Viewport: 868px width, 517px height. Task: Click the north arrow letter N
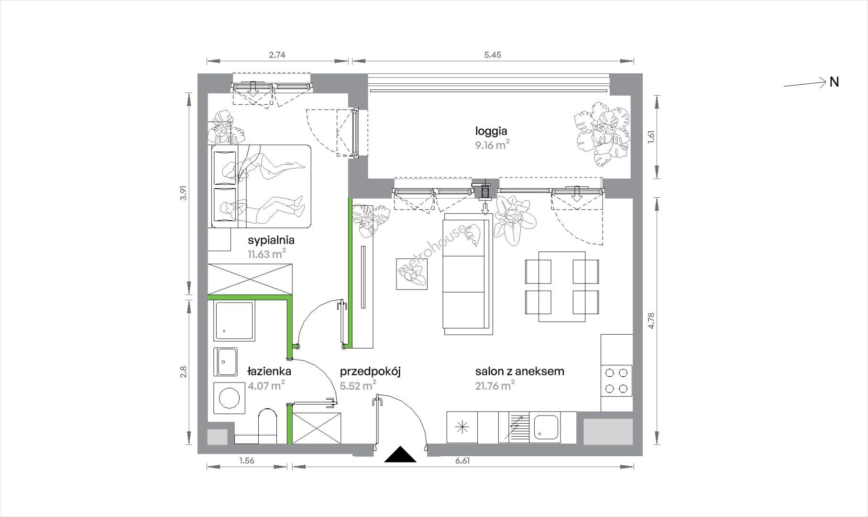click(x=834, y=82)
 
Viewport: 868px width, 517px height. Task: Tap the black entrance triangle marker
click(x=400, y=454)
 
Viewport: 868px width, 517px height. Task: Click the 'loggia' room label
click(x=491, y=131)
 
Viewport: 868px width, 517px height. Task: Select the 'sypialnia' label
click(x=271, y=240)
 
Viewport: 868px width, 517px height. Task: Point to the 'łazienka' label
click(x=269, y=371)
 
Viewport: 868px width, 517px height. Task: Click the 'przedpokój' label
click(x=370, y=371)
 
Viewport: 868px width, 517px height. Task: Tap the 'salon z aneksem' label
click(x=519, y=371)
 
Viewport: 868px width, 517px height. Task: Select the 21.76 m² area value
click(x=494, y=385)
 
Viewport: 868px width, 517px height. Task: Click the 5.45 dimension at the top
click(x=493, y=55)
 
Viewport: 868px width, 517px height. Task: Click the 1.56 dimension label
click(x=247, y=461)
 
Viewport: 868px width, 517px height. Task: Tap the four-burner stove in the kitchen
click(x=616, y=381)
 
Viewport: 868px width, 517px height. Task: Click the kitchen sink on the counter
click(x=545, y=427)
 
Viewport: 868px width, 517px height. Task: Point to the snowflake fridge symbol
click(x=462, y=427)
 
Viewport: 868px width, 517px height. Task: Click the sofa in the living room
click(x=467, y=274)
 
